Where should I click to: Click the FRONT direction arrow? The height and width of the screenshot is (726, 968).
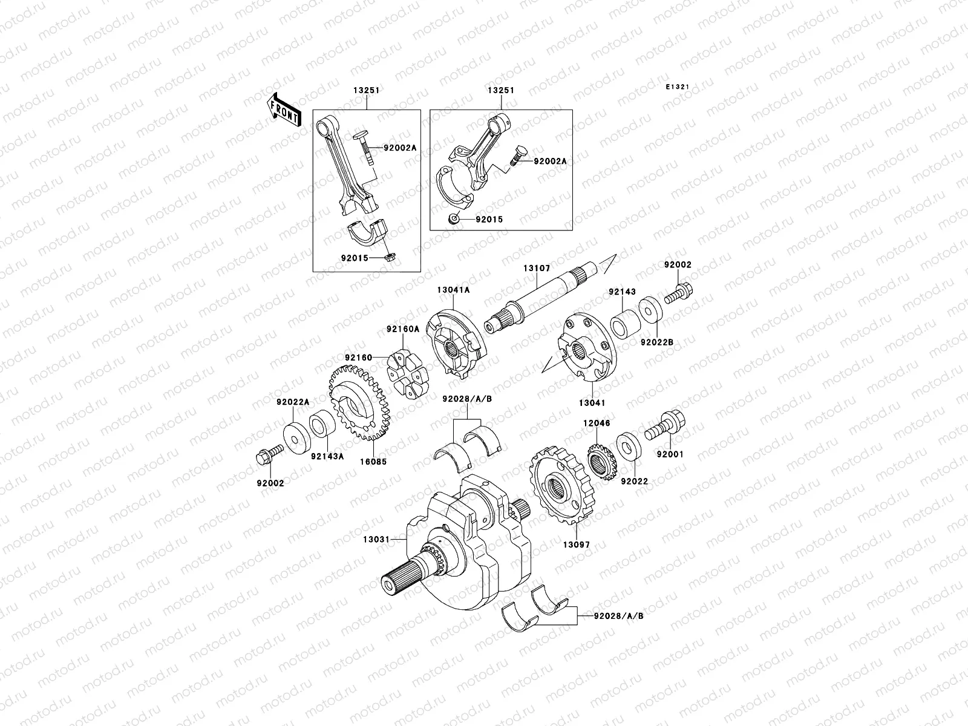point(284,110)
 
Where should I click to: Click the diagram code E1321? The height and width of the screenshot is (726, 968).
point(678,87)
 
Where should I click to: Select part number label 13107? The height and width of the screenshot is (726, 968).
point(536,268)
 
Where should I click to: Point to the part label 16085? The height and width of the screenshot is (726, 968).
point(374,461)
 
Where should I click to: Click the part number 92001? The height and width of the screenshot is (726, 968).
point(670,454)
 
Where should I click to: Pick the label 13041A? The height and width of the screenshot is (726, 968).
point(453,290)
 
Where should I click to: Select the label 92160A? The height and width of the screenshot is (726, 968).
point(403,330)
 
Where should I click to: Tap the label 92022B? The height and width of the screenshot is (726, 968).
point(658,342)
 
